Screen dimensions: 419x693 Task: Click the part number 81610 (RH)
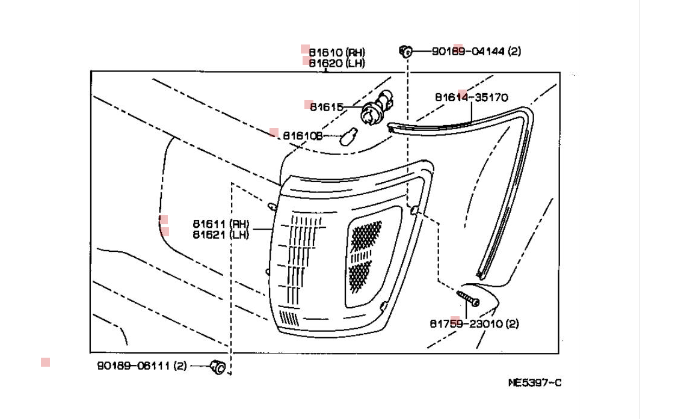coord(337,53)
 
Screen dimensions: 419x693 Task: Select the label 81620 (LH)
coord(337,63)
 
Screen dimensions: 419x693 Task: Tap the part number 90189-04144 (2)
coord(476,51)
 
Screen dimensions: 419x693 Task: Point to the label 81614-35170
coord(471,97)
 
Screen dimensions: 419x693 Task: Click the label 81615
coord(326,107)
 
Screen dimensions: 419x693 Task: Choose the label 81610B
coord(303,136)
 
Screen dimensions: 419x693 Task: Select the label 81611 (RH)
coord(221,224)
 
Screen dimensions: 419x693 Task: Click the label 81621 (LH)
coord(221,234)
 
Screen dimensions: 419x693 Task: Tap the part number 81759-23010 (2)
coord(474,323)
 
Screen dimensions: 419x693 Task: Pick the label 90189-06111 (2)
coord(142,365)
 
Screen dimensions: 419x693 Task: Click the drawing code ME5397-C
coord(535,382)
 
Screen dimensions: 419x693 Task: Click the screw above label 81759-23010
coord(467,298)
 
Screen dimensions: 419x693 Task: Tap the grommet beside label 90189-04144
coord(405,51)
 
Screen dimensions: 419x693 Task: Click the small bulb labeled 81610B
coord(347,138)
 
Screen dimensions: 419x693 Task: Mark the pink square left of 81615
coord(309,104)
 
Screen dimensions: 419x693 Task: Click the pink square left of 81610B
coord(274,133)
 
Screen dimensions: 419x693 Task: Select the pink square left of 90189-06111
coord(45,362)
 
